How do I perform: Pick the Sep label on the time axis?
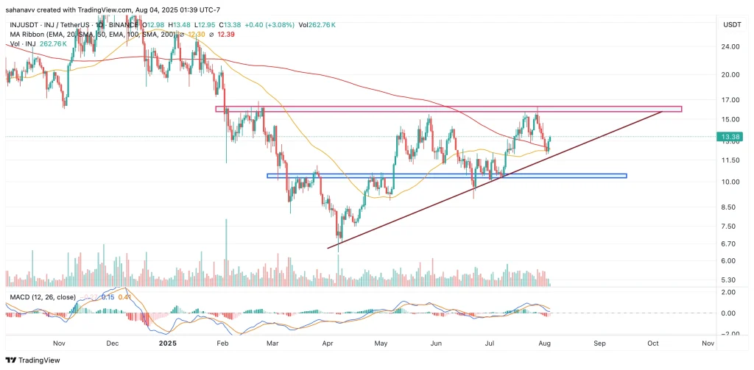tap(599, 343)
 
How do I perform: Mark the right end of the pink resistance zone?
tap(681, 109)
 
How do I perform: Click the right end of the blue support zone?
tap(626, 176)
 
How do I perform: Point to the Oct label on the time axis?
tap(653, 343)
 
